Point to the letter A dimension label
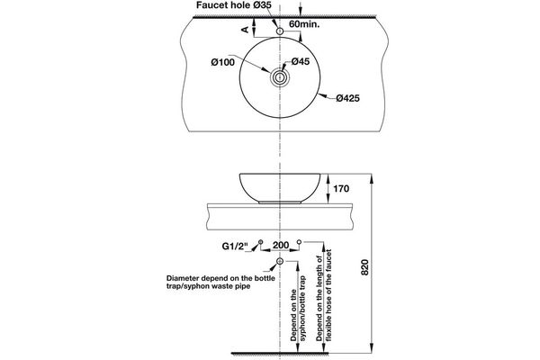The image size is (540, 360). tap(245, 30)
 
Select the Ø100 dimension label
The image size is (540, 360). tap(223, 61)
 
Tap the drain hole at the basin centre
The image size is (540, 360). tap(280, 78)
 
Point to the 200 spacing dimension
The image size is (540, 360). tap(280, 245)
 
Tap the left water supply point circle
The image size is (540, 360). tap(260, 243)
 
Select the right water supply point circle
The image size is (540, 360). tap(300, 243)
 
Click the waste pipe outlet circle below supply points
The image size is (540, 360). tap(280, 261)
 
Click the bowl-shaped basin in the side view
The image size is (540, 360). tap(280, 187)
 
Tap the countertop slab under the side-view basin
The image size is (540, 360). tap(280, 217)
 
